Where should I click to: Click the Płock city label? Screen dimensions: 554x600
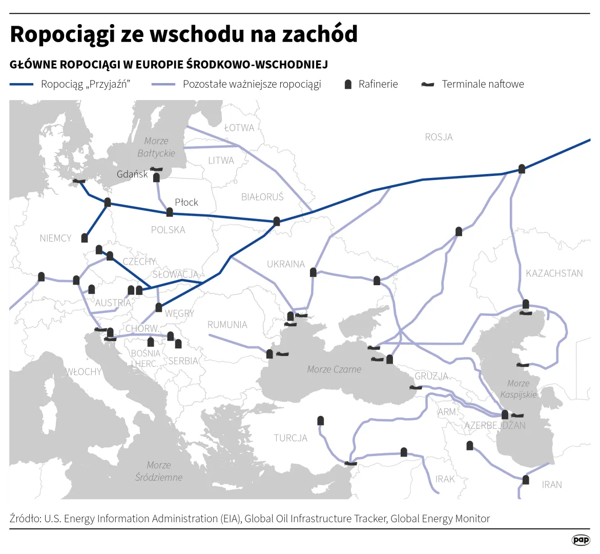pyautogui.click(x=186, y=202)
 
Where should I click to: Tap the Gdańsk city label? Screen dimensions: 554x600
pyautogui.click(x=132, y=174)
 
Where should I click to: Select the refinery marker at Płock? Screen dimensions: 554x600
pyautogui.click(x=170, y=212)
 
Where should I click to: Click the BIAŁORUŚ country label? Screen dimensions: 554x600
pyautogui.click(x=262, y=196)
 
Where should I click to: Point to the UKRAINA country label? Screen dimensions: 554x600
pyautogui.click(x=285, y=264)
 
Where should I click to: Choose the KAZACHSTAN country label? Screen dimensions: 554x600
pyautogui.click(x=554, y=273)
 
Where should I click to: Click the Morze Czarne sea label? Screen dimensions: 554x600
pyautogui.click(x=334, y=369)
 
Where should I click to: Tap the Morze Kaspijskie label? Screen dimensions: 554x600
pyautogui.click(x=519, y=389)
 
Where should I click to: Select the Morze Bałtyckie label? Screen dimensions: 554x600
pyautogui.click(x=156, y=147)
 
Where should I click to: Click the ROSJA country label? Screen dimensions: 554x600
pyautogui.click(x=439, y=137)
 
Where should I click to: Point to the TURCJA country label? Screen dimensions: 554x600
pyautogui.click(x=291, y=438)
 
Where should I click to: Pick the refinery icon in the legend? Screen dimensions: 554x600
pyautogui.click(x=348, y=85)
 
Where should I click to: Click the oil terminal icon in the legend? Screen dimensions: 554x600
pyautogui.click(x=427, y=85)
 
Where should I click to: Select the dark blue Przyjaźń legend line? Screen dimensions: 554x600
pyautogui.click(x=22, y=85)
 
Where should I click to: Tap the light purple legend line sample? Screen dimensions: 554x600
pyautogui.click(x=163, y=85)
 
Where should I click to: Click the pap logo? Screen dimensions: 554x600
pyautogui.click(x=581, y=540)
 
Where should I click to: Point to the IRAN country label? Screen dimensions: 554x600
pyautogui.click(x=551, y=484)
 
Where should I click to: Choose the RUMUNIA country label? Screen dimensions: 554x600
pyautogui.click(x=227, y=325)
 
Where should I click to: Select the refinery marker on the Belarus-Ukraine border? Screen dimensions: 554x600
pyautogui.click(x=277, y=221)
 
